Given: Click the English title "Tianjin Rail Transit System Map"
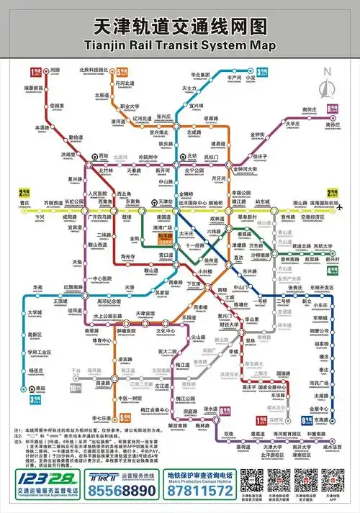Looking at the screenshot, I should [180, 46].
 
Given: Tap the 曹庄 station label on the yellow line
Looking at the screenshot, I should [25, 204].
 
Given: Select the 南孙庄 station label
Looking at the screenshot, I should [332, 124].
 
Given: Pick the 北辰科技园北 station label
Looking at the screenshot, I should [94, 70].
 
